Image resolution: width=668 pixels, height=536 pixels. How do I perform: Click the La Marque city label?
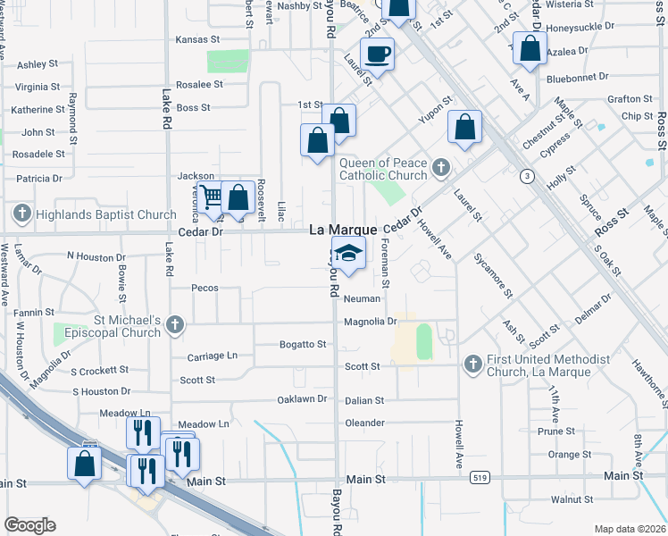click(x=343, y=230)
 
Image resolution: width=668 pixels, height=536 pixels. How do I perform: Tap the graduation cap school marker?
click(x=349, y=253)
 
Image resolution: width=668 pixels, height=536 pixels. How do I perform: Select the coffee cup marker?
click(x=377, y=54)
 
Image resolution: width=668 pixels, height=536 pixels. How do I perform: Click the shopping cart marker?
click(x=212, y=197)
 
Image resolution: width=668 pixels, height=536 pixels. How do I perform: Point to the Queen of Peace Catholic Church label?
click(x=383, y=169)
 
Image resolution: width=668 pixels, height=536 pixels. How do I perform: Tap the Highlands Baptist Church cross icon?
click(x=22, y=214)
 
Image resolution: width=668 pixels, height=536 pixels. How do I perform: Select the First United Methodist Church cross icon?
click(x=472, y=364)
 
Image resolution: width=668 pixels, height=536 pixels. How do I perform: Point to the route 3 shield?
click(x=529, y=177)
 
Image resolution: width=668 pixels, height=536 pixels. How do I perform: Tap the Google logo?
click(x=30, y=525)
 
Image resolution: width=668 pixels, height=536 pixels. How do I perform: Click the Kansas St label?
click(x=197, y=39)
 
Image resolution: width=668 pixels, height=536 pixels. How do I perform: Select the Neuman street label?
click(x=363, y=299)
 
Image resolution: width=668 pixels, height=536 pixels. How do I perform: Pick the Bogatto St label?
click(x=302, y=344)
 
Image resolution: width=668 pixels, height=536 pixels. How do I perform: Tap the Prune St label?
click(x=556, y=431)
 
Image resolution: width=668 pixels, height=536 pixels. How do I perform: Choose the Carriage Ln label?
click(x=213, y=356)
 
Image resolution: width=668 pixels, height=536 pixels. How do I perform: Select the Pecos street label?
click(x=205, y=289)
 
